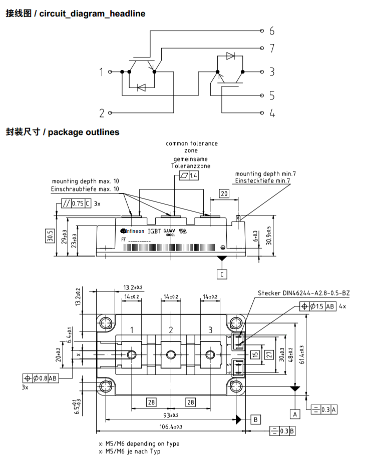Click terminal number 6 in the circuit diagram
tap(271, 31)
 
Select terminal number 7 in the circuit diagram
tap(271, 48)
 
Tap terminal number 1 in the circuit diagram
tap(102, 72)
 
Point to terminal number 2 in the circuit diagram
tap(102, 113)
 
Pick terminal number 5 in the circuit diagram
tap(271, 95)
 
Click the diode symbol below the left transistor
tap(141, 87)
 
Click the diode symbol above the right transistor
tap(230, 56)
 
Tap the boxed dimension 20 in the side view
tap(224, 193)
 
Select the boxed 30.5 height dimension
tap(50, 235)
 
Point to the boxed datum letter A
tap(295, 413)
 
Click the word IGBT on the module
tap(154, 231)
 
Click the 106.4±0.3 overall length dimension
tap(171, 426)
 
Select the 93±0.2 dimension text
tap(171, 415)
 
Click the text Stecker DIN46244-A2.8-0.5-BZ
tap(304, 293)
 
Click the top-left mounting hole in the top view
tap(106, 322)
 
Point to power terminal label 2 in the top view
tap(171, 330)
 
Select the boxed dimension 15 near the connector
tap(255, 354)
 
